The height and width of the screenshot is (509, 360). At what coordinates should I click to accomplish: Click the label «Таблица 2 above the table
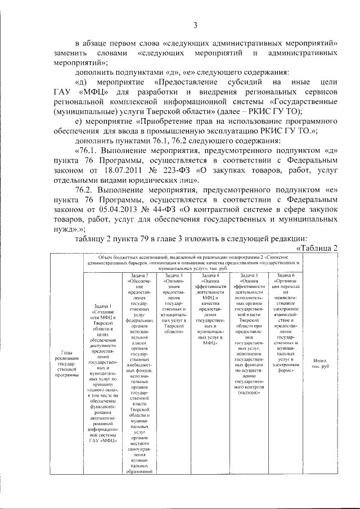click(316, 248)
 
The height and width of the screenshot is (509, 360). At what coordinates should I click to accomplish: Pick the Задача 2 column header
click(139, 276)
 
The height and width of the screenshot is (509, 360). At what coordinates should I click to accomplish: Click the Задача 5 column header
click(248, 276)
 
